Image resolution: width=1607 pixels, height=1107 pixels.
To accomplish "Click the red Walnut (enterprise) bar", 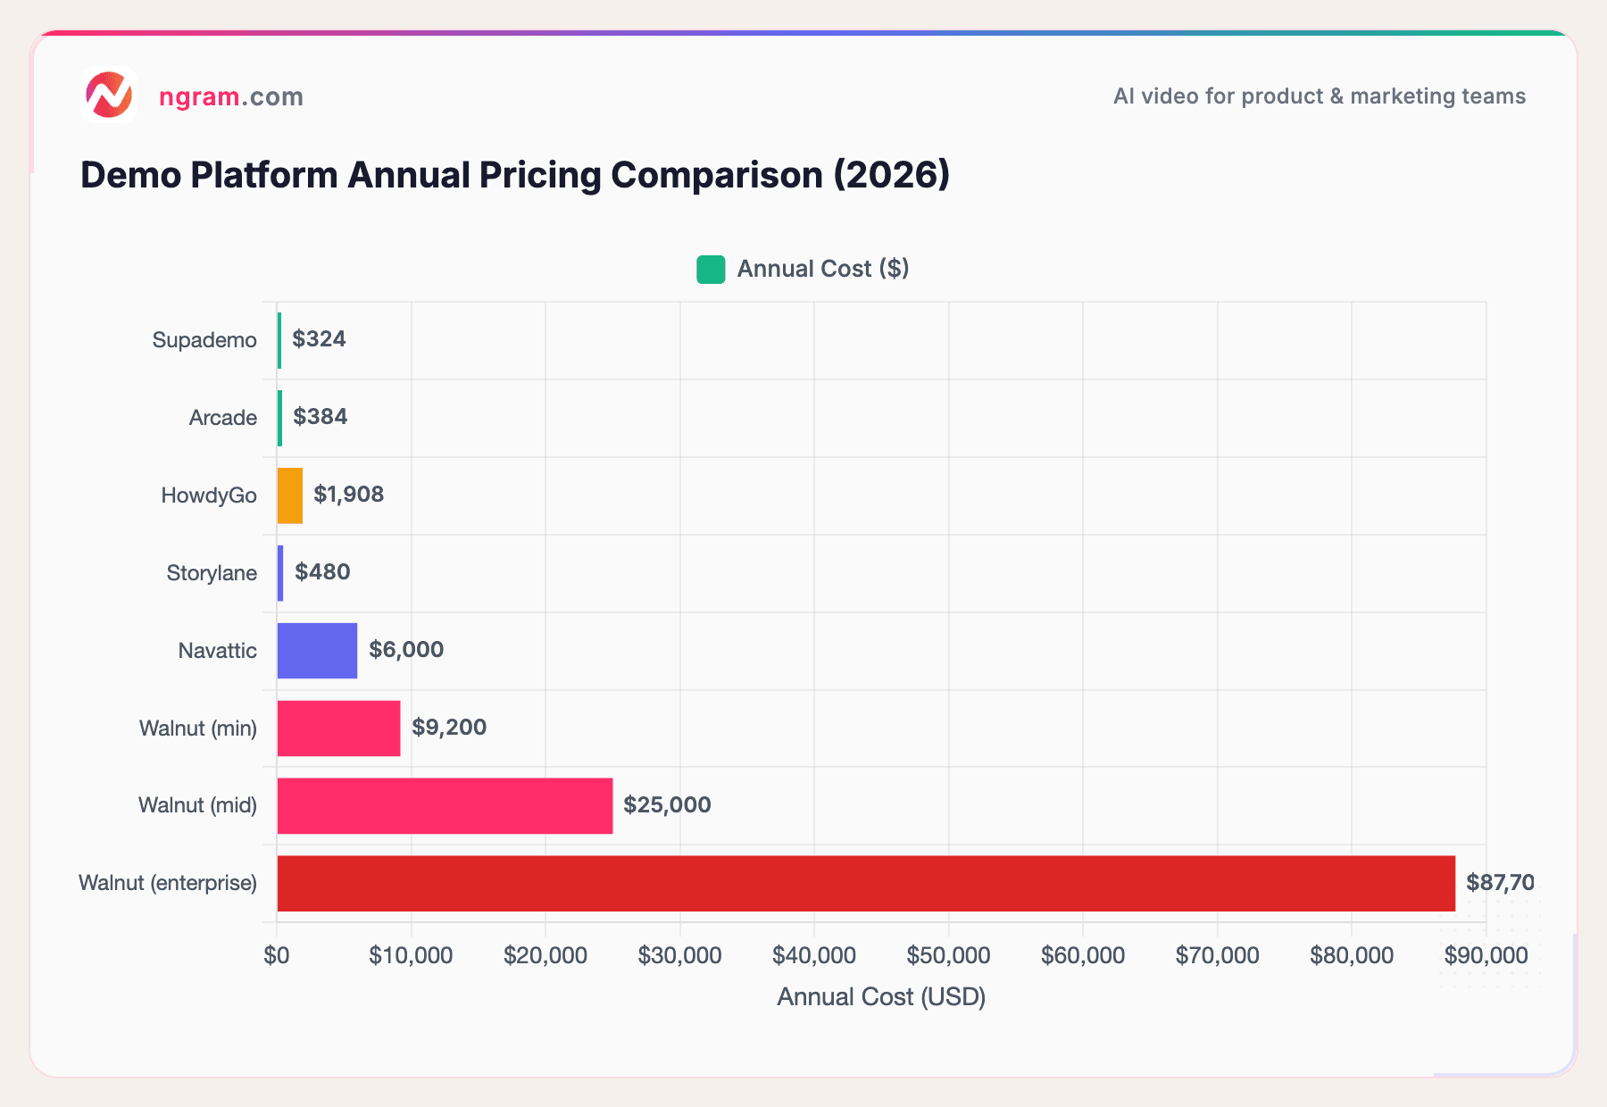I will pyautogui.click(x=866, y=884).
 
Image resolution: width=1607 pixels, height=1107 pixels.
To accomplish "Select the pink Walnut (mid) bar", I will pyautogui.click(x=445, y=806).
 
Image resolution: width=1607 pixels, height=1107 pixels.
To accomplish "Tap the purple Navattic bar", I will pyautogui.click(x=317, y=651).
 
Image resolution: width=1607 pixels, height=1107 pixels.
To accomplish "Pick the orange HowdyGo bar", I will pyautogui.click(x=290, y=495).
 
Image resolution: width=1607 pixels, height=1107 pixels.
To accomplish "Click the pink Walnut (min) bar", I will pyautogui.click(x=338, y=728).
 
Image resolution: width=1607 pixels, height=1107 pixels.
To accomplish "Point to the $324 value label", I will pyautogui.click(x=319, y=339).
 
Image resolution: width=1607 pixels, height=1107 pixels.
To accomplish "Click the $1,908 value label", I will pyautogui.click(x=348, y=495).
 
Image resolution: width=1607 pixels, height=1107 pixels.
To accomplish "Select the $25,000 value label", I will pyautogui.click(x=667, y=805).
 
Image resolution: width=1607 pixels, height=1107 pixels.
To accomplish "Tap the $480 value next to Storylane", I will pyautogui.click(x=322, y=572).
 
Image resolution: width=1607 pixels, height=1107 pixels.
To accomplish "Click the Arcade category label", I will pyautogui.click(x=222, y=418).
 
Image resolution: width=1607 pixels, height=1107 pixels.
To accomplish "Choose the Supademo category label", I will pyautogui.click(x=204, y=340).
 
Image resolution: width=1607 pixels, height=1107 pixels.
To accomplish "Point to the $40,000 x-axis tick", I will pyautogui.click(x=813, y=956).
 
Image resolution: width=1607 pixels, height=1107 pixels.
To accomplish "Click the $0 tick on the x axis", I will pyautogui.click(x=277, y=956).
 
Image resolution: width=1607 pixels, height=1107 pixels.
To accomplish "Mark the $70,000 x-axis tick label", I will pyautogui.click(x=1217, y=956).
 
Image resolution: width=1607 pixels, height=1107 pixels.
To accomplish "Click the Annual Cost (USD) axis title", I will pyautogui.click(x=881, y=997).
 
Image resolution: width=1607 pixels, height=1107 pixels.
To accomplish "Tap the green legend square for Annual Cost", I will pyautogui.click(x=711, y=270).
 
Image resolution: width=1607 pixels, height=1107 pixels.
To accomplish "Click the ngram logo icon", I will pyautogui.click(x=109, y=95).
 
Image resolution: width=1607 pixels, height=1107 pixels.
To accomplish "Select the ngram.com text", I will pyautogui.click(x=231, y=96).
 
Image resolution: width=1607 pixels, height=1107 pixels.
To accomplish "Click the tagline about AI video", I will pyautogui.click(x=1319, y=96).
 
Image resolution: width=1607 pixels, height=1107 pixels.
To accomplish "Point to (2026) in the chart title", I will pyautogui.click(x=891, y=175).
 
